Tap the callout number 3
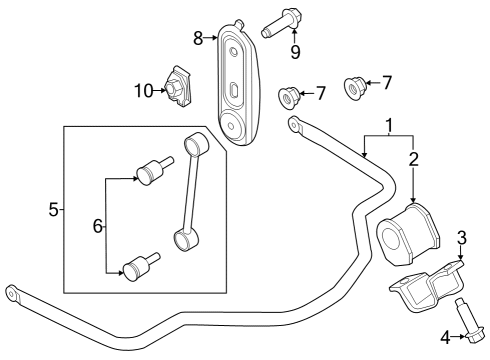tap(461, 238)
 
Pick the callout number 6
tap(97, 227)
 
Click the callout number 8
tap(198, 39)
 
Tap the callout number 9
tap(295, 50)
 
